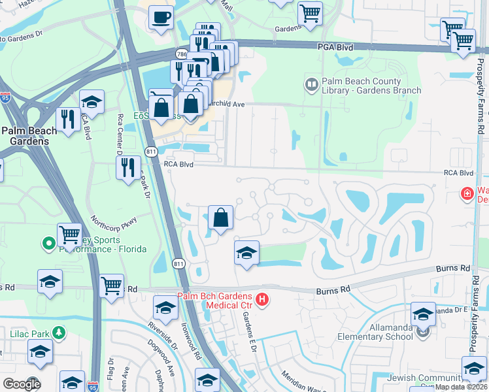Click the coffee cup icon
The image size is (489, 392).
161,17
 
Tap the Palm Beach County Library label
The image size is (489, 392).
371,86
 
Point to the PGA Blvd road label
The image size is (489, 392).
335,47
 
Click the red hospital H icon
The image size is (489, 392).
262,300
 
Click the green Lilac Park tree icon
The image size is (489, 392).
59,333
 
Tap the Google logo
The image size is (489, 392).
21,384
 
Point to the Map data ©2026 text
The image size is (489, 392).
461,387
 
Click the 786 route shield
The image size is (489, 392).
181,54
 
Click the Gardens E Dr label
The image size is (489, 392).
247,329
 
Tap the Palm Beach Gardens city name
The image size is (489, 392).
29,136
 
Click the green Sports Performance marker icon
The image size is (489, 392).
48,244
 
